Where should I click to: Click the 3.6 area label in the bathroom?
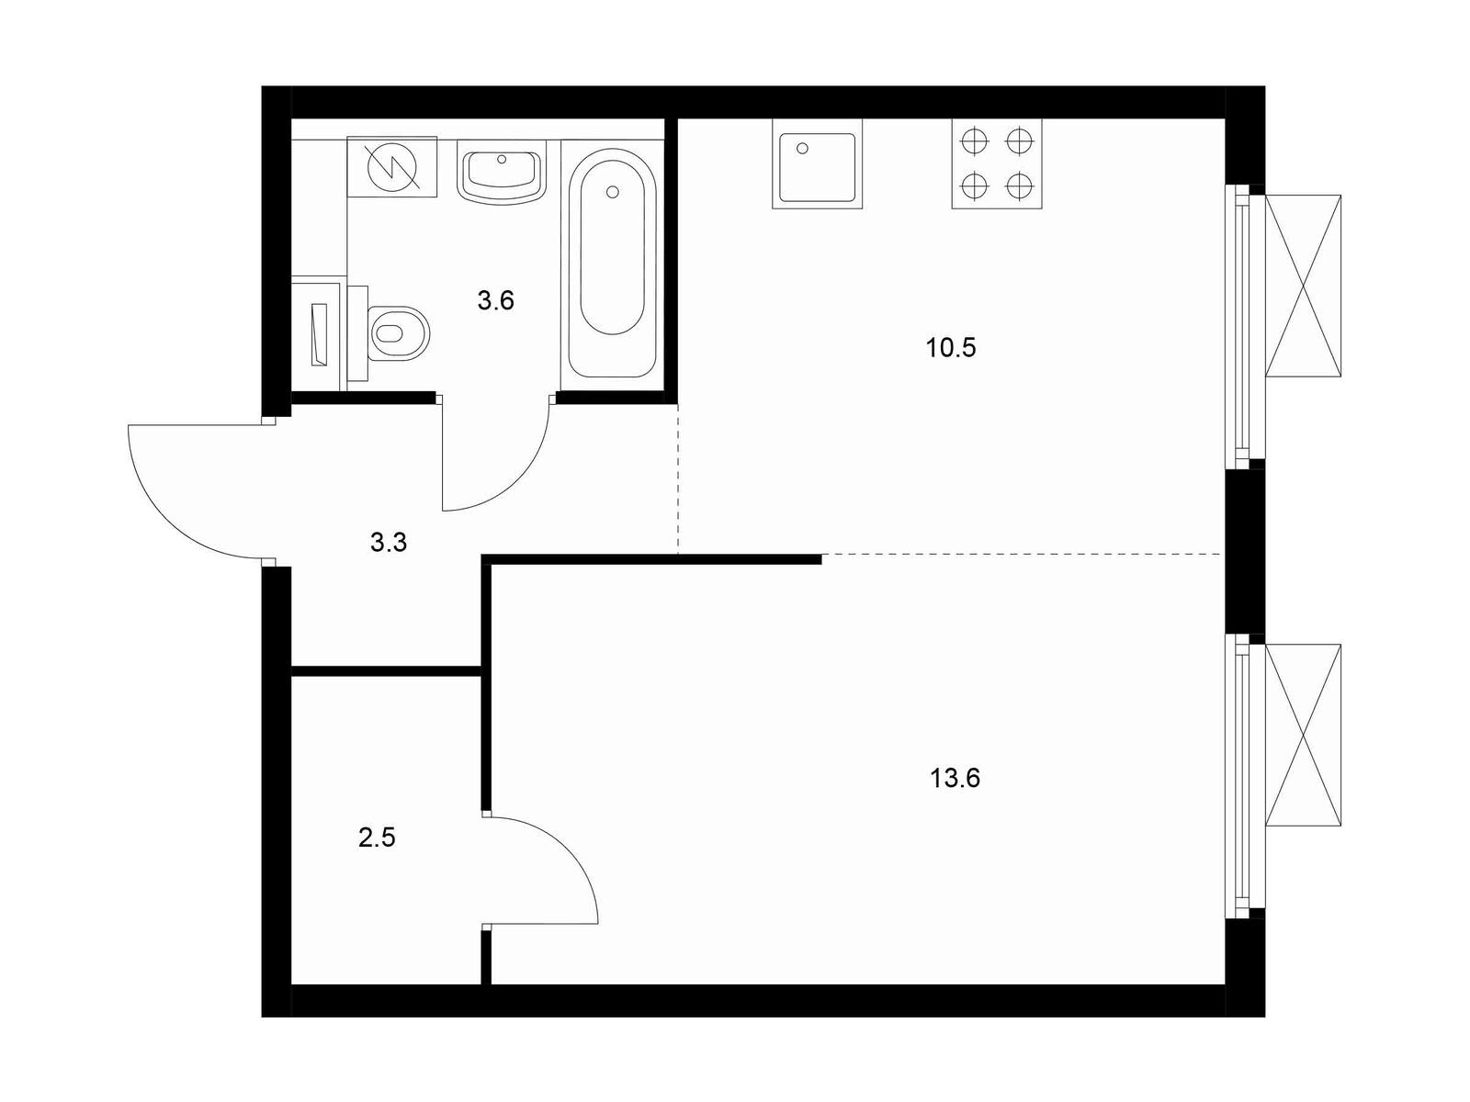(495, 301)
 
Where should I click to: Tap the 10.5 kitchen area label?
(950, 348)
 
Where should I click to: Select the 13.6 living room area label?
(955, 778)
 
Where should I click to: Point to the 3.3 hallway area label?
(389, 542)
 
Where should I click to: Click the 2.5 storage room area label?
(377, 837)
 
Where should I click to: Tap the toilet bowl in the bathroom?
(399, 332)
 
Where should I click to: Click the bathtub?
(612, 263)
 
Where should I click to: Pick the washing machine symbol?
(391, 166)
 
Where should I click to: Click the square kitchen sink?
(817, 164)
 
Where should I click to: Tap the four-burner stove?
(997, 164)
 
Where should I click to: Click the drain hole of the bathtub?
(612, 192)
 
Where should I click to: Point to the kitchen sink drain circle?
(802, 148)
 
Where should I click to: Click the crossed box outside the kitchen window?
(1303, 287)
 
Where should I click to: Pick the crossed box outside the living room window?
(1303, 736)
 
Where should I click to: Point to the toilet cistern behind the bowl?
(357, 333)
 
